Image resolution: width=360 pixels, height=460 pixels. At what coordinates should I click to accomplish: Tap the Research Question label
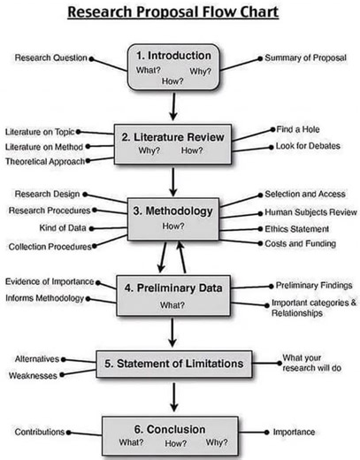[x=51, y=57]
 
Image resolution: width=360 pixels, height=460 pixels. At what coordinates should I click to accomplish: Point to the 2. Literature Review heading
[x=180, y=137]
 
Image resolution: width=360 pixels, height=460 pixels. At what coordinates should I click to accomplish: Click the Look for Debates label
[x=307, y=146]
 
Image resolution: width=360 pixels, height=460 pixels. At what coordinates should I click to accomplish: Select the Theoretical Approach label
[x=44, y=161]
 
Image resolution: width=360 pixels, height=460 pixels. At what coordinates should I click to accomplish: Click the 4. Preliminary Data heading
[x=180, y=287]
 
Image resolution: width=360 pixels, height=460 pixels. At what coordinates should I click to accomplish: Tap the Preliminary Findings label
[x=312, y=285]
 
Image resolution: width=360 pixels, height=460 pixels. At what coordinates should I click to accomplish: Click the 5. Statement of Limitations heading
[x=176, y=363]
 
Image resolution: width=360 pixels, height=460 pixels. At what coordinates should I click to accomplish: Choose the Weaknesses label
[x=34, y=375]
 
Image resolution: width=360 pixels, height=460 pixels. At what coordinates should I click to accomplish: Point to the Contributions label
[x=39, y=432]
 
